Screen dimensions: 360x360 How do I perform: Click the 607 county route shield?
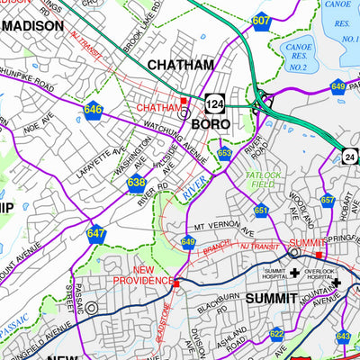[260, 19]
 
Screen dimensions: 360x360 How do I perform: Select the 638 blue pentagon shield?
[136, 184]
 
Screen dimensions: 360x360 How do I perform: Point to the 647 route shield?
[96, 233]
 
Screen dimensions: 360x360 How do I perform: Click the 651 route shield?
[261, 210]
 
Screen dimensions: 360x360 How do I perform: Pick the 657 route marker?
[328, 200]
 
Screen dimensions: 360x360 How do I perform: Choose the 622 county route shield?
[276, 334]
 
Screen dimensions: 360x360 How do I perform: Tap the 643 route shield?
[343, 337]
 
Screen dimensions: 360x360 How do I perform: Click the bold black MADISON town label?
[32, 26]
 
